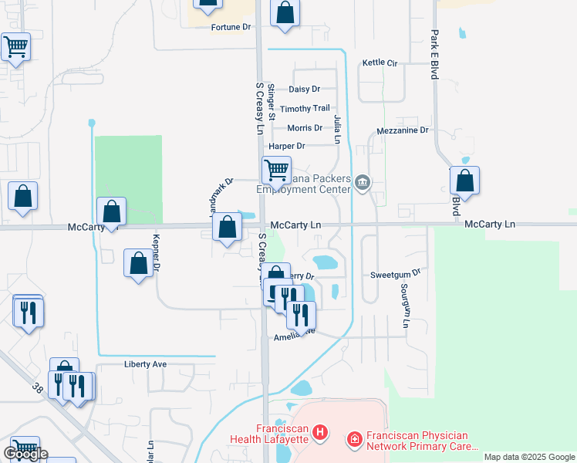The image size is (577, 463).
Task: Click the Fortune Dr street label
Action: coord(231,27)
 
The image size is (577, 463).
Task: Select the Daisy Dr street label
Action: coord(304,90)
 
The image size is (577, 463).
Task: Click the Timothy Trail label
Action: coord(305,109)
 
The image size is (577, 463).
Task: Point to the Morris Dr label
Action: coord(305,128)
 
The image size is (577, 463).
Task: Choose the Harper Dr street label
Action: coord(287,146)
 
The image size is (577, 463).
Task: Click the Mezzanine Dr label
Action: coord(403,131)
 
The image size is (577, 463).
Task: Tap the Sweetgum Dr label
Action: coord(394,274)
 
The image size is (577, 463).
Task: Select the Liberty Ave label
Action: coord(145,364)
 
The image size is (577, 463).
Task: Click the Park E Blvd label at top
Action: coord(434,55)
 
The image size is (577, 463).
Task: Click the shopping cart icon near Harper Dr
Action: coord(276,168)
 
